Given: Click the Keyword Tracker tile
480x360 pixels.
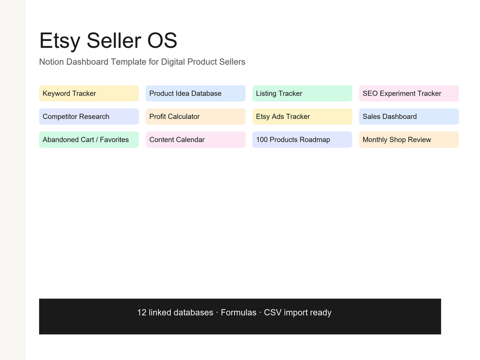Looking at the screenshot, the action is (89, 94).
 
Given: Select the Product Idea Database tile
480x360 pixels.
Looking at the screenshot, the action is (196, 94).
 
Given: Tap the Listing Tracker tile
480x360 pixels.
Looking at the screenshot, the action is (302, 94).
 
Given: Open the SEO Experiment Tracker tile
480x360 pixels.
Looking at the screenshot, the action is (409, 94).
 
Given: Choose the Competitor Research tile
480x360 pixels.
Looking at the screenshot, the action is (89, 116).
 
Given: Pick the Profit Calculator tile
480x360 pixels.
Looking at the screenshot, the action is (196, 116).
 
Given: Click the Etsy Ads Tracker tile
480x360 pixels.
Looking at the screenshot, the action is (302, 116).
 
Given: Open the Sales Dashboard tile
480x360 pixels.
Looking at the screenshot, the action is (409, 116).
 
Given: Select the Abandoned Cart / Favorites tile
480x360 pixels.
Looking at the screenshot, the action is (89, 139).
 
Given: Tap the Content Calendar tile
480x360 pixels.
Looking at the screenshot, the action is (196, 139).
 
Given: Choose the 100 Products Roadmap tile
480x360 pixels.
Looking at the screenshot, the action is (302, 139).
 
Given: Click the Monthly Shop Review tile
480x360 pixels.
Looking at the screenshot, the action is (409, 139).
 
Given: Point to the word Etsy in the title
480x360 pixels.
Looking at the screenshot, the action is (60, 41).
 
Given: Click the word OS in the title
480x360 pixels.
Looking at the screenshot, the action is (162, 41).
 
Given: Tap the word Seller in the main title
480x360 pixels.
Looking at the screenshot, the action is (114, 40).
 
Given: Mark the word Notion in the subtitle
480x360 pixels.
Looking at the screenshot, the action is (52, 62).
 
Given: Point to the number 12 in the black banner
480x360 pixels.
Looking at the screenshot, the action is (142, 313).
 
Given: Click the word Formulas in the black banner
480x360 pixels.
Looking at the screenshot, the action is (238, 313).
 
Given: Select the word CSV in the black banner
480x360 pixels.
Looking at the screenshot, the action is (273, 313).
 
